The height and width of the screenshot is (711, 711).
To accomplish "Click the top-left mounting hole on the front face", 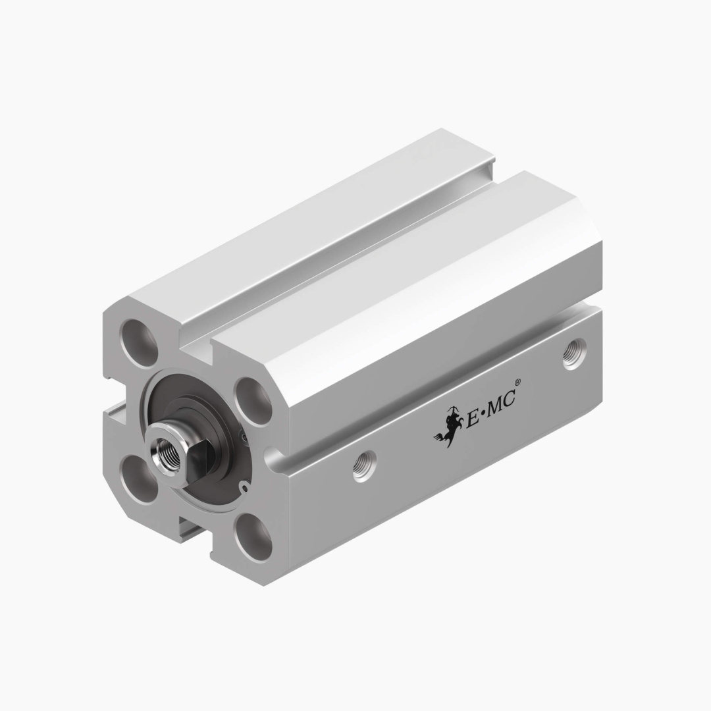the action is click(x=139, y=342).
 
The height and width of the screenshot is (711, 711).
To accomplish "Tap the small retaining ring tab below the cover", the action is click(x=245, y=487).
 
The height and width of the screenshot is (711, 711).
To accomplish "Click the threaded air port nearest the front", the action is click(x=364, y=465).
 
